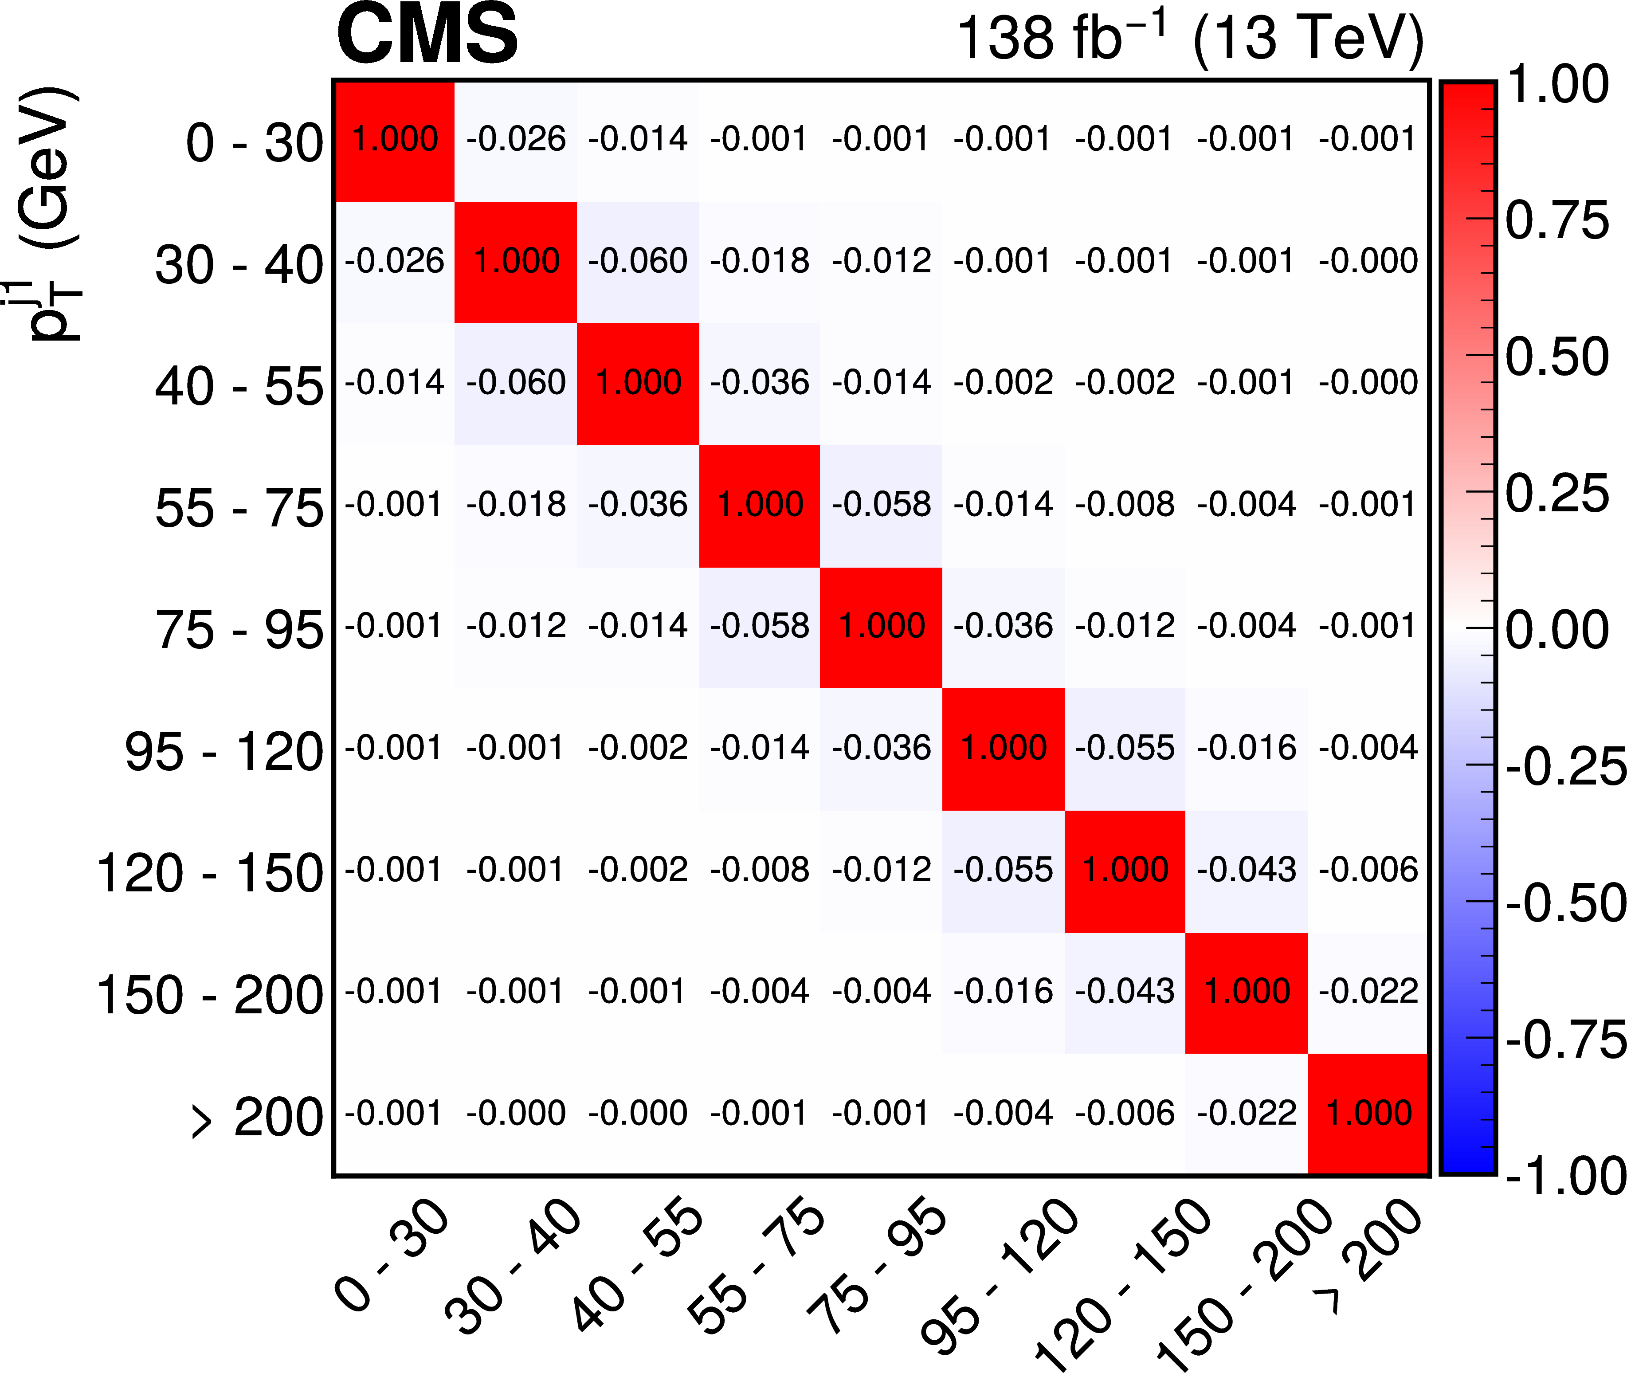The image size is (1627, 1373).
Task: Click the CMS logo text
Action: tap(427, 35)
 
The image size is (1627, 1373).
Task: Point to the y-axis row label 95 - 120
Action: tap(223, 753)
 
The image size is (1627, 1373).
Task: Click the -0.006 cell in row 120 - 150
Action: tap(1368, 870)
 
